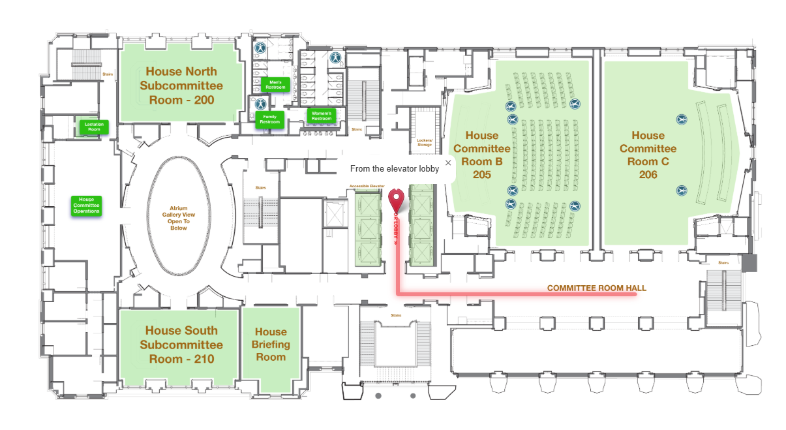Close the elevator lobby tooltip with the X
[448, 163]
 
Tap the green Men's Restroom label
[275, 84]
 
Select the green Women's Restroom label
[322, 115]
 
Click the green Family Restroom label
[269, 119]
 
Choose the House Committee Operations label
[86, 206]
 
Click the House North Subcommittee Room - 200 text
[181, 85]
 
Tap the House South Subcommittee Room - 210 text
[181, 345]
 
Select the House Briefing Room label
[271, 345]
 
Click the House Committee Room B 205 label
[482, 155]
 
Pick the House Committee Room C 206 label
[648, 155]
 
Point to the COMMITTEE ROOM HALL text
[597, 288]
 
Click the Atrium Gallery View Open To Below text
[179, 218]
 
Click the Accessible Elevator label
[367, 186]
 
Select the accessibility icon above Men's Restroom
[260, 48]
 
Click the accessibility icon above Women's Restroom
[336, 57]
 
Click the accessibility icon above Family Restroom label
[260, 104]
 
